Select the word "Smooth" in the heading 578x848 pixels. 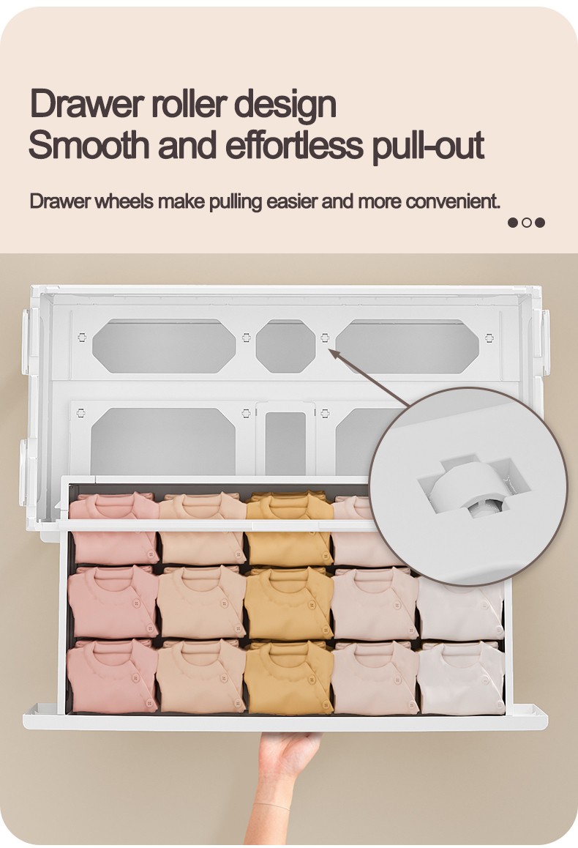(x=89, y=144)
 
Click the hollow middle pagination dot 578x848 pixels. (x=527, y=223)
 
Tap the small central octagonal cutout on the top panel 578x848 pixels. (x=285, y=346)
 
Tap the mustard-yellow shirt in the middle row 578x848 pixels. (x=288, y=602)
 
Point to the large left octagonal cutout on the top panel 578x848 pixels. (x=164, y=346)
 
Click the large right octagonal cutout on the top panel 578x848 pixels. (x=408, y=346)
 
